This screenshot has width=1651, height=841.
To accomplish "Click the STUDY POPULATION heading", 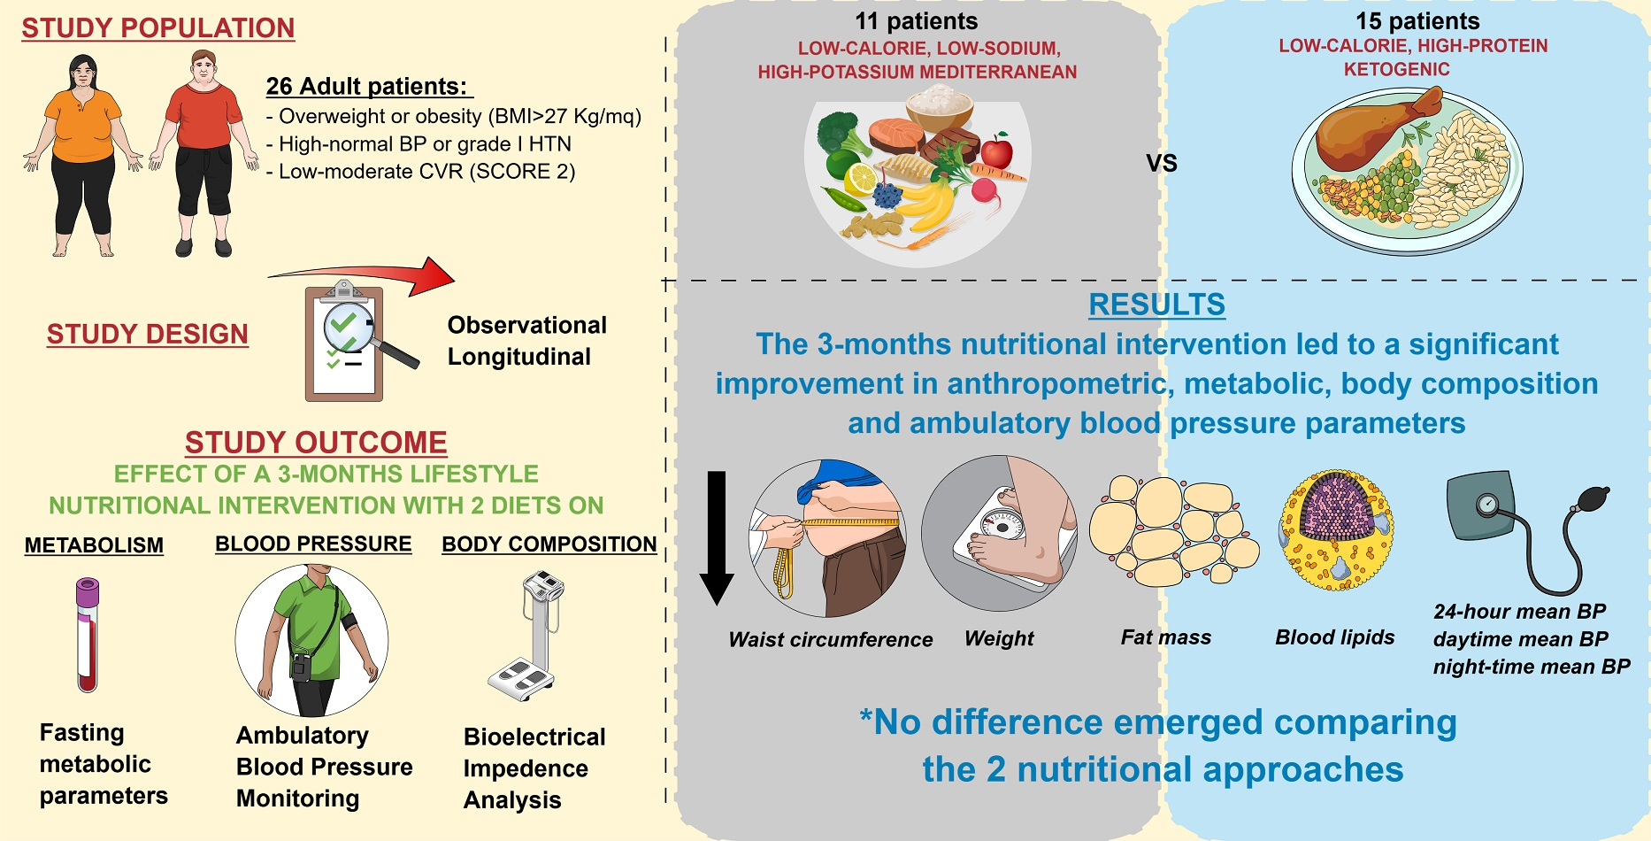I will pyautogui.click(x=157, y=28).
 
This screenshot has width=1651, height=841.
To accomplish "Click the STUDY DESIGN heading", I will pyautogui.click(x=147, y=335).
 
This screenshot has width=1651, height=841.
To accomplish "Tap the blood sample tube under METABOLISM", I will pyautogui.click(x=87, y=635).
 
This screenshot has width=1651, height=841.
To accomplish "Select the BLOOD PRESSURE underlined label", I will pyautogui.click(x=313, y=544).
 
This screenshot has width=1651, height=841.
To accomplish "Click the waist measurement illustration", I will pyautogui.click(x=827, y=537).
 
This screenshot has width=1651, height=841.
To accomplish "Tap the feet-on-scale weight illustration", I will pyautogui.click(x=1000, y=533).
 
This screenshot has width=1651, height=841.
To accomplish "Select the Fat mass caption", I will pyautogui.click(x=1165, y=637).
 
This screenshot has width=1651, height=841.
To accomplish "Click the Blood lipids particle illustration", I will pyautogui.click(x=1336, y=529).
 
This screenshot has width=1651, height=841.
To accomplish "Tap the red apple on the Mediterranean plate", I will pyautogui.click(x=997, y=150).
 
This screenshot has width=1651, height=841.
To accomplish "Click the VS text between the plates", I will pyautogui.click(x=1162, y=164).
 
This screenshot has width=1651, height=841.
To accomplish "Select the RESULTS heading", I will pyautogui.click(x=1156, y=305).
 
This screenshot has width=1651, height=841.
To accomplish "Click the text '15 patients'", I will pyautogui.click(x=1417, y=21).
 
